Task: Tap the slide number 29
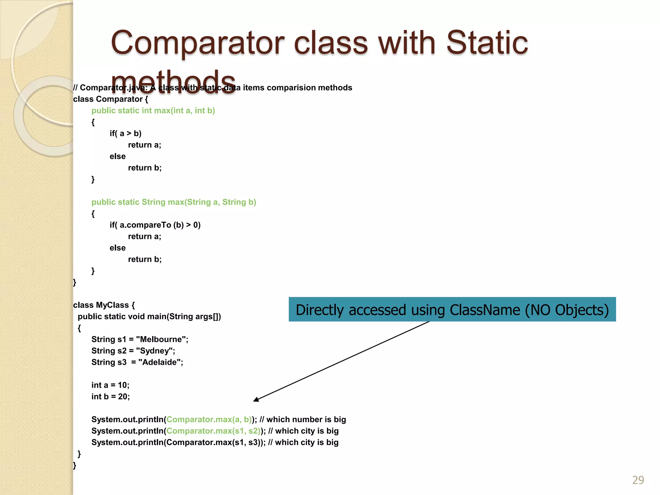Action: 638,480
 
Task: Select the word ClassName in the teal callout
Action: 485,310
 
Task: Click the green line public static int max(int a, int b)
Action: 153,111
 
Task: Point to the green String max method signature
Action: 174,202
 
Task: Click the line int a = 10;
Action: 110,385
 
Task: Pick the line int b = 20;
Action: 111,396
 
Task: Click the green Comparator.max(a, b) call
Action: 209,419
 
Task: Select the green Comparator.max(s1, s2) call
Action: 213,431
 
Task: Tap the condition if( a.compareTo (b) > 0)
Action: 155,225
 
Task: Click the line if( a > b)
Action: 125,133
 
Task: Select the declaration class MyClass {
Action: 104,305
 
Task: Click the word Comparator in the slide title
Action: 198,43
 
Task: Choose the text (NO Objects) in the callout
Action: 567,310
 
